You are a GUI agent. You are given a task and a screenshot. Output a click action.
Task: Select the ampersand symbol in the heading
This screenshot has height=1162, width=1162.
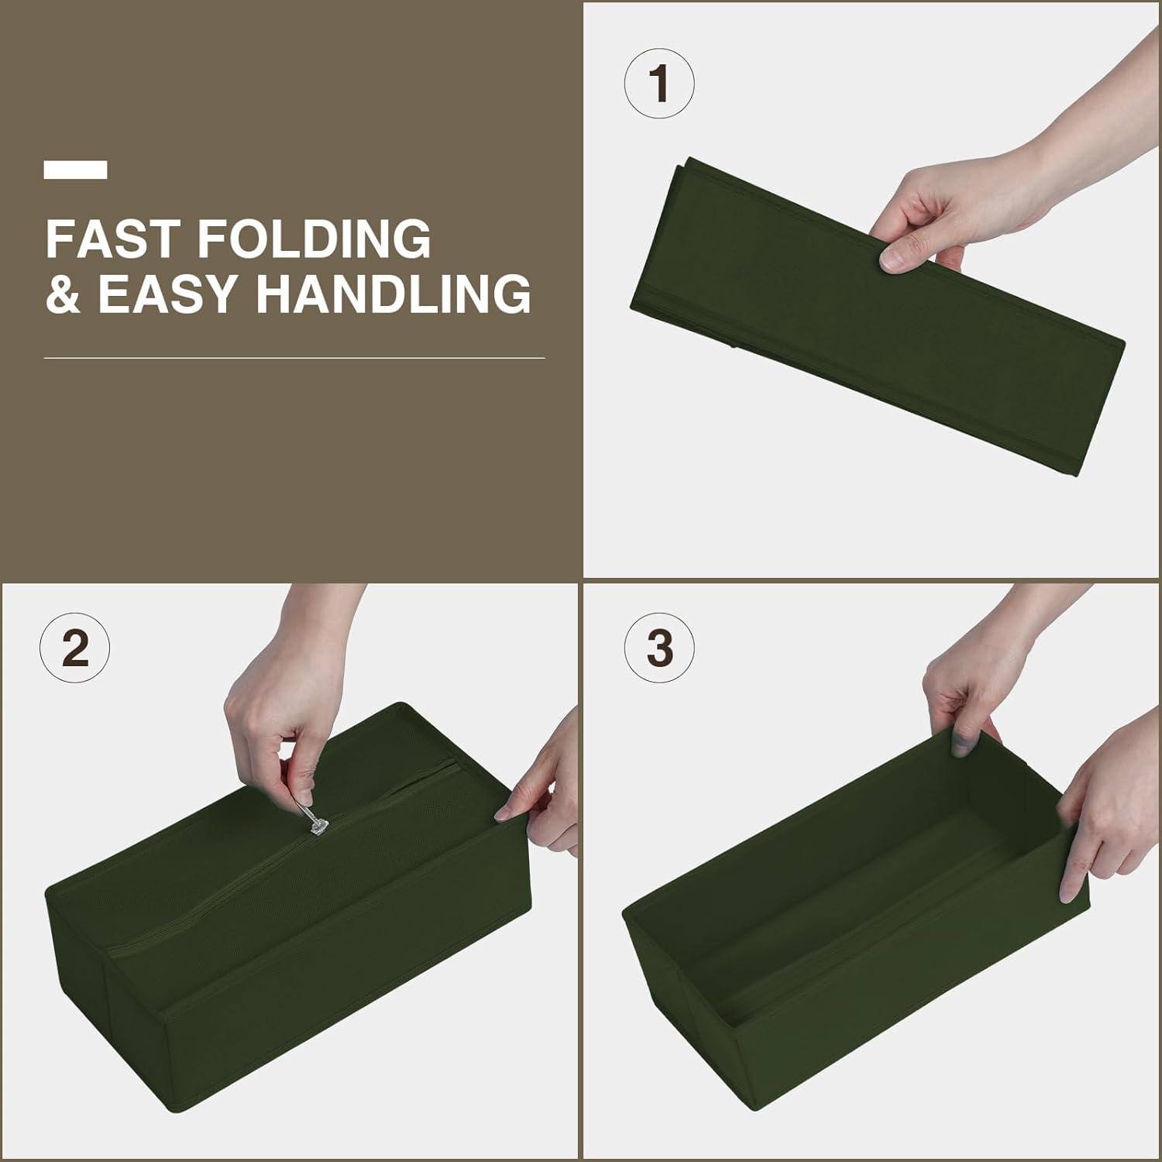coord(63,294)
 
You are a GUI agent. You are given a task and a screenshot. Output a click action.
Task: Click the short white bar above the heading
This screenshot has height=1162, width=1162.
coord(76,170)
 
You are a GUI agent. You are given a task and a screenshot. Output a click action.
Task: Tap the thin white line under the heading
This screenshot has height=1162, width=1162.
coord(294,358)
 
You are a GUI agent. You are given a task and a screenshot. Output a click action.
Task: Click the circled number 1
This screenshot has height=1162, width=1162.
coord(659,84)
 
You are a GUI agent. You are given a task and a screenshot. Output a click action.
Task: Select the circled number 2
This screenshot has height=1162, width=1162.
coord(75,648)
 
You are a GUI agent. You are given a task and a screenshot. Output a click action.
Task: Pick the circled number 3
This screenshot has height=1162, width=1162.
coord(659,648)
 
